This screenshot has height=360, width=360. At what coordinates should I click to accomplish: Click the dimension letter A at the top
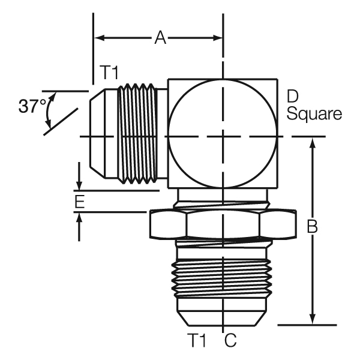pyautogui.click(x=160, y=38)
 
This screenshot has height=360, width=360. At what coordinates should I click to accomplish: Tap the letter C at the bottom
pyautogui.click(x=231, y=341)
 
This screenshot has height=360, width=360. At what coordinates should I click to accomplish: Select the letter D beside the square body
pyautogui.click(x=293, y=96)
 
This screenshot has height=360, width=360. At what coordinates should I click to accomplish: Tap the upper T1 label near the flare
pyautogui.click(x=109, y=74)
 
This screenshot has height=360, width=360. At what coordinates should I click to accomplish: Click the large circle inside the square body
pyautogui.click(x=222, y=137)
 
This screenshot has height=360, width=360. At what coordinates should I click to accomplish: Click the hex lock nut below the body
pyautogui.click(x=222, y=224)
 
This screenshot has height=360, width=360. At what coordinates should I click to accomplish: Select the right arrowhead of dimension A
pyautogui.click(x=217, y=38)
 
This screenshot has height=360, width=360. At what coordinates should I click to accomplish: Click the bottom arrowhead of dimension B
pyautogui.click(x=313, y=319)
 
